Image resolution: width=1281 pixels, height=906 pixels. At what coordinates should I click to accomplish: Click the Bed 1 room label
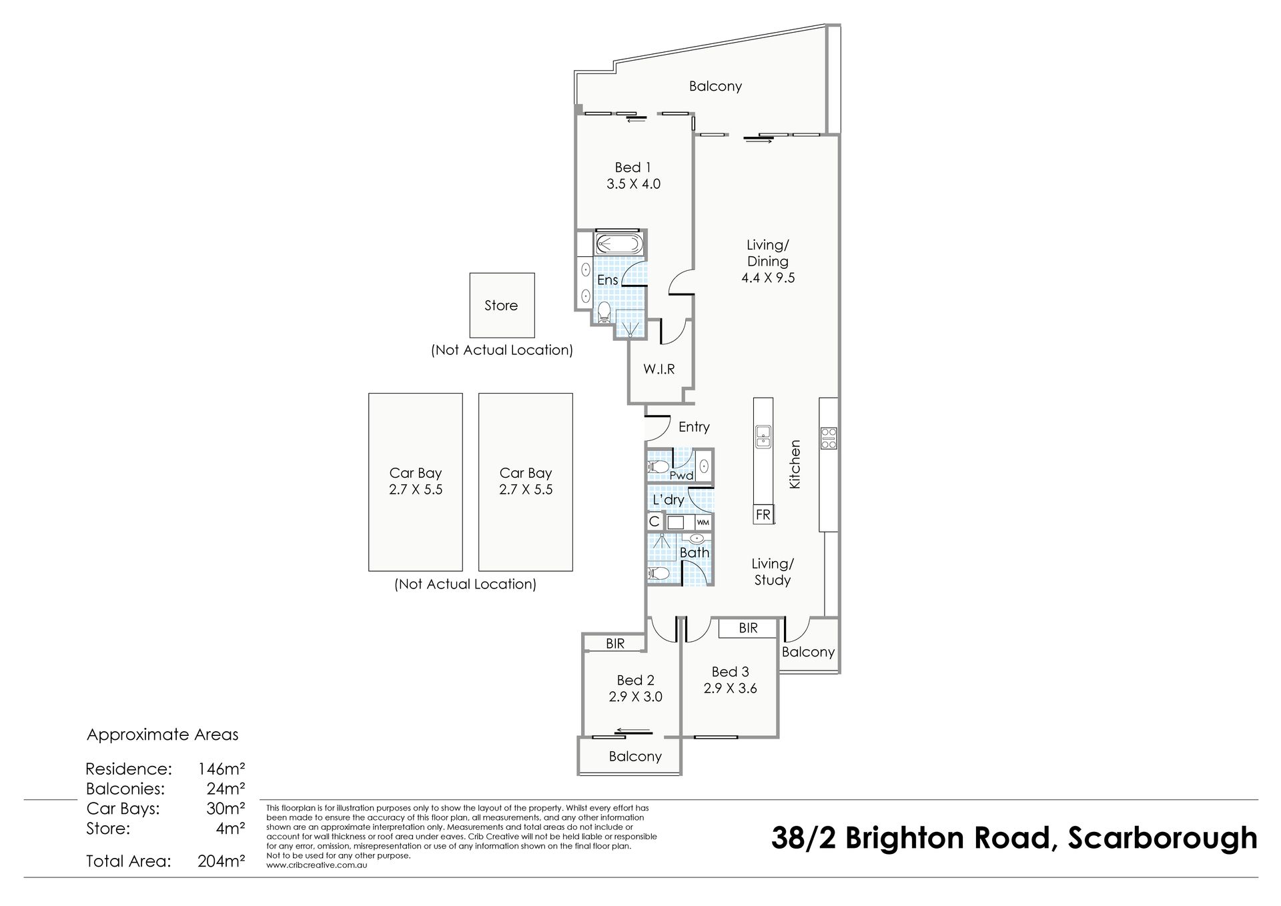coord(632,167)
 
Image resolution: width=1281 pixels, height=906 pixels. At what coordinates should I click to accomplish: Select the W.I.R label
coord(659,368)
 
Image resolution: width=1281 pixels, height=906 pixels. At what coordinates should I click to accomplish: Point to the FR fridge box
coord(763,515)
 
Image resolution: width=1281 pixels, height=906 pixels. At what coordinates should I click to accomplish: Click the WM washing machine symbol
coord(703,522)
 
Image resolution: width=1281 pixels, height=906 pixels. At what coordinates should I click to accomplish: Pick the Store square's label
coord(501,306)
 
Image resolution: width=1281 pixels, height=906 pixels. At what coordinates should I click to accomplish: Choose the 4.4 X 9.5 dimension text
coord(768,278)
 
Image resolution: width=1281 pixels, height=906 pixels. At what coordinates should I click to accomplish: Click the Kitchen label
coord(795,464)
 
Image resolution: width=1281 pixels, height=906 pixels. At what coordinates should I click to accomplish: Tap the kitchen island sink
coord(763,436)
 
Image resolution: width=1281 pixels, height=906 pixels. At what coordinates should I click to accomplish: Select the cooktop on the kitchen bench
coord(829,438)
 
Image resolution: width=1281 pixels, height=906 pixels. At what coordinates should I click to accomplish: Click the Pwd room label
coord(681,476)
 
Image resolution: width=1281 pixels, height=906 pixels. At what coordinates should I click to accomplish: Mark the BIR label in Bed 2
coord(615,643)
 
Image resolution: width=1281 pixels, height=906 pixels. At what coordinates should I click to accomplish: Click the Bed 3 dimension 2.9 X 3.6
coord(730,688)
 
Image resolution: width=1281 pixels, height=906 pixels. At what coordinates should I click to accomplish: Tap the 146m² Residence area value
coord(222,769)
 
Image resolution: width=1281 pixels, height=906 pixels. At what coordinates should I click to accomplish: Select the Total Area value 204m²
coord(222,861)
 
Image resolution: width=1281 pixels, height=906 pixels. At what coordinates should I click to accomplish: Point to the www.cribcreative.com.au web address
coord(317,865)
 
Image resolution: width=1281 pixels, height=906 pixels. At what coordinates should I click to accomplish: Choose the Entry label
coord(694,427)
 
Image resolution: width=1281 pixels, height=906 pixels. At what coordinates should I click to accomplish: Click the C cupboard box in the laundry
coord(654,522)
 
